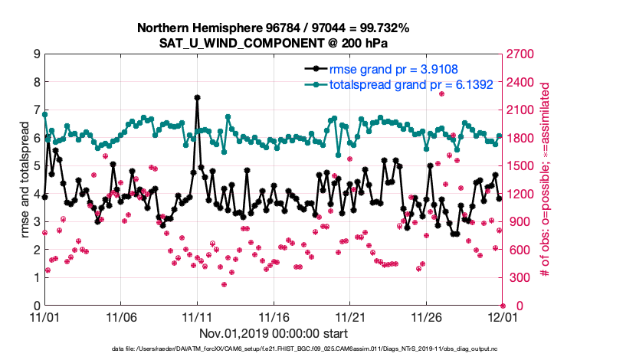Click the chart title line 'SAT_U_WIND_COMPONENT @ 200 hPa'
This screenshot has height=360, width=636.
(x=274, y=43)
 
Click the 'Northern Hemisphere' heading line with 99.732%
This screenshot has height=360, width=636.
(x=274, y=28)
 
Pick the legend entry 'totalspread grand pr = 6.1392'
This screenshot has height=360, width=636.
(x=398, y=83)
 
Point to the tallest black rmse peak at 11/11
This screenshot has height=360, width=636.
(x=198, y=98)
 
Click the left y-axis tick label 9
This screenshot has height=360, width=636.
(x=36, y=54)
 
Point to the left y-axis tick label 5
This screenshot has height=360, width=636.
(x=36, y=166)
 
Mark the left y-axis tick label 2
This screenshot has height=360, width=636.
(x=36, y=250)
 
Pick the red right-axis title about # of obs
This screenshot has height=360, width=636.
(x=545, y=180)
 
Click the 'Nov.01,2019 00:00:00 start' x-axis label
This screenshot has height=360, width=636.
(x=274, y=333)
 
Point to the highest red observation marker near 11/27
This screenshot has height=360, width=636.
(x=442, y=93)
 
